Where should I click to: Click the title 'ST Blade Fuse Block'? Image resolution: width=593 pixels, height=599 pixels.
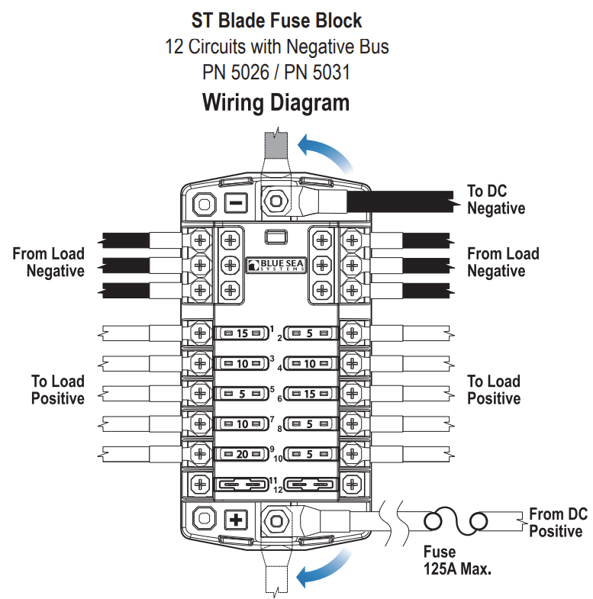(276, 21)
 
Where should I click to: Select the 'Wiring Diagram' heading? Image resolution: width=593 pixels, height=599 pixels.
(276, 102)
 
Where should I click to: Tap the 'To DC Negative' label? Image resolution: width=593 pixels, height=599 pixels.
(496, 199)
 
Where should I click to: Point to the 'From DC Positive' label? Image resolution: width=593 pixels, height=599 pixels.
(557, 523)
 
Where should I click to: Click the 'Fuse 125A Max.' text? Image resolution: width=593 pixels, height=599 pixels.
(456, 560)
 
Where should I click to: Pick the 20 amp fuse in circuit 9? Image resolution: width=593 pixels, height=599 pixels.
(242, 453)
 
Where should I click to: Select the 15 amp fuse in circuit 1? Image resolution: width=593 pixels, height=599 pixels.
(242, 333)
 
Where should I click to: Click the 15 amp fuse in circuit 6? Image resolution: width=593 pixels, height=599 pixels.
(310, 394)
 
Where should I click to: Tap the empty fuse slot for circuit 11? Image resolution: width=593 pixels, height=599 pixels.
(242, 483)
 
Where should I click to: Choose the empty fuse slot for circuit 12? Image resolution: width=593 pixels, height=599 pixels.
(310, 483)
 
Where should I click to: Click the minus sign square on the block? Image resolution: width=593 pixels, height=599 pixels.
(237, 203)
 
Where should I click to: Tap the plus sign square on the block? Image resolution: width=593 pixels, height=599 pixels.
(237, 521)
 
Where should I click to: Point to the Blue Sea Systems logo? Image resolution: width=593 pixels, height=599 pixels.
(276, 263)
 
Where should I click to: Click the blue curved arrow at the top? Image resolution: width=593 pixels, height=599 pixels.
(326, 149)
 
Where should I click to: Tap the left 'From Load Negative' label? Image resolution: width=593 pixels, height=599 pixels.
(48, 262)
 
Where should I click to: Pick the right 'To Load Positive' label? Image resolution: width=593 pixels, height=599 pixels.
(494, 389)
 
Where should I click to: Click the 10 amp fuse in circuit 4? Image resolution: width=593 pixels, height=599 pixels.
(310, 364)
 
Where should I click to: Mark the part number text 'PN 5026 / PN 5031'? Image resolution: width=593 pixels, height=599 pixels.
(276, 73)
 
